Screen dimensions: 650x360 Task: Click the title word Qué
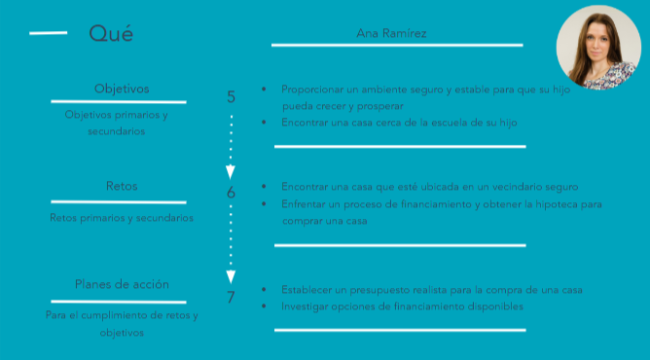(x=111, y=34)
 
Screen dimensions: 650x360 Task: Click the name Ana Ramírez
(x=392, y=33)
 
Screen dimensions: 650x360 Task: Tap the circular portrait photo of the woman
(x=596, y=47)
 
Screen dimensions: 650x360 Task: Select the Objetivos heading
(x=121, y=89)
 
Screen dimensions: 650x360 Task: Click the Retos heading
(x=121, y=186)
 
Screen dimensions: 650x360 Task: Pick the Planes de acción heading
(x=122, y=284)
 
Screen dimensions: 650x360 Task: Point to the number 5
(x=231, y=96)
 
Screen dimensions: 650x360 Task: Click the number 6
(x=231, y=193)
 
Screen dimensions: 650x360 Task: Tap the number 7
(x=231, y=297)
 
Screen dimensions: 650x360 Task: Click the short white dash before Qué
(x=49, y=33)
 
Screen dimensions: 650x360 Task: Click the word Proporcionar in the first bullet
(x=309, y=88)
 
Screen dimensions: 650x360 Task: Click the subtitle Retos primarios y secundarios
(x=121, y=218)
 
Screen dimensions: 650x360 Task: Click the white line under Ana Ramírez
(x=396, y=45)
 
